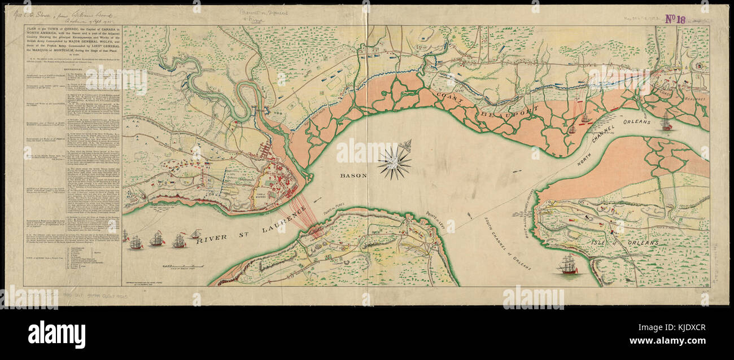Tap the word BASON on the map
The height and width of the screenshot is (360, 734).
click(x=353, y=175)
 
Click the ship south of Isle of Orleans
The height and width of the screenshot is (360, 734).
click(x=568, y=265)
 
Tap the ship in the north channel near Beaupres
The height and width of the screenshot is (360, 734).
click(x=667, y=121)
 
